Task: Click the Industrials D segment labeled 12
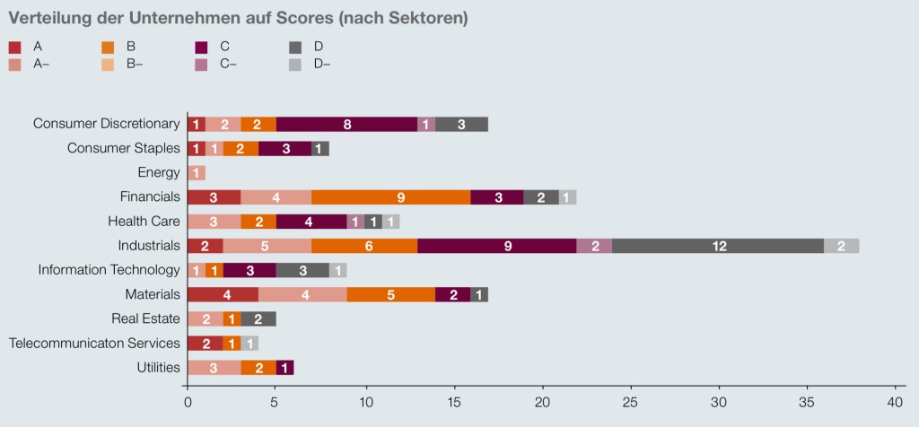[718, 246]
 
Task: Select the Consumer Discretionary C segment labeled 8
[346, 125]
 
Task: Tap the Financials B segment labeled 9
[390, 197]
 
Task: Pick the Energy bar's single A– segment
[196, 173]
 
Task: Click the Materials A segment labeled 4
[223, 294]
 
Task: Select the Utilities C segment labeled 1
[284, 367]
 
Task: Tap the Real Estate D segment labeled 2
[258, 318]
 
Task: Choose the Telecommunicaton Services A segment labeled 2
[205, 343]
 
